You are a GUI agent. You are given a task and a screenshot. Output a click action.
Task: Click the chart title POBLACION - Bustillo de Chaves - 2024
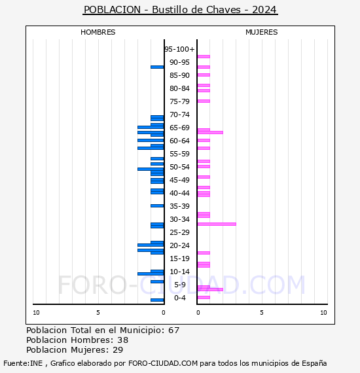click(x=180, y=10)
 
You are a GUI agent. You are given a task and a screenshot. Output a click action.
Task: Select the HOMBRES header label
click(x=98, y=32)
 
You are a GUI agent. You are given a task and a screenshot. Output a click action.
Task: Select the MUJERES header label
click(x=261, y=32)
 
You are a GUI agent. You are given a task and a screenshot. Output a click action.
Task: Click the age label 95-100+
click(x=179, y=49)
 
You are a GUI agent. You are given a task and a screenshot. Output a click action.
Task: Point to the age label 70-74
click(x=179, y=115)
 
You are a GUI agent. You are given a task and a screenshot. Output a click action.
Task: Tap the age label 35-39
click(x=179, y=206)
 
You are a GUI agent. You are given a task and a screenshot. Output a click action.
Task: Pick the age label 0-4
click(x=179, y=298)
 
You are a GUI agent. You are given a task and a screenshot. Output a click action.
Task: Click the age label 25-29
click(x=179, y=232)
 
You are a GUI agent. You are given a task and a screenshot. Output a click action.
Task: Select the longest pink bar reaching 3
click(x=216, y=224)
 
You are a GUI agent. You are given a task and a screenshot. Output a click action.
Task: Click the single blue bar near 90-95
click(x=157, y=67)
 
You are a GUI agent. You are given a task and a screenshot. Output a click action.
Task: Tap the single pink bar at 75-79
click(x=204, y=101)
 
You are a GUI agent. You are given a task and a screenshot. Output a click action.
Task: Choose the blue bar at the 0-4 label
click(x=157, y=300)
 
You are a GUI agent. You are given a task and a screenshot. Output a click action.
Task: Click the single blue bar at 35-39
click(x=157, y=205)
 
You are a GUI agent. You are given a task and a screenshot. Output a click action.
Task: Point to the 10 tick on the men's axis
click(x=36, y=313)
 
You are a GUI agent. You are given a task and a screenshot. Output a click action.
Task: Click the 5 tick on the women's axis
click(x=261, y=313)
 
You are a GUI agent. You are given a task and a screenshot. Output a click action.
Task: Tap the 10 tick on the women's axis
click(x=323, y=313)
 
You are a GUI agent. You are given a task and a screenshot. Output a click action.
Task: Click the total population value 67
click(x=173, y=330)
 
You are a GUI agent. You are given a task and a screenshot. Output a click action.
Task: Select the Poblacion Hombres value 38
click(x=122, y=340)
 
